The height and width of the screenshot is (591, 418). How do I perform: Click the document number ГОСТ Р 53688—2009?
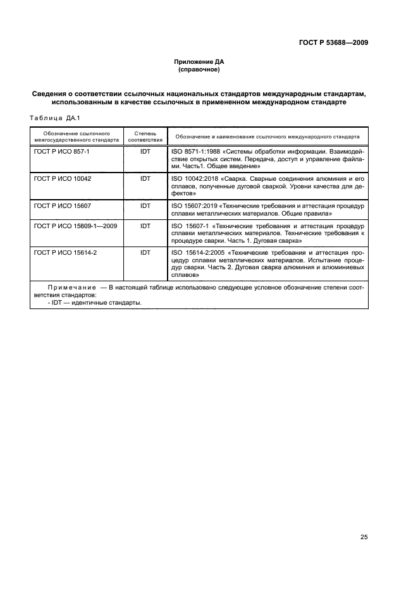(333, 43)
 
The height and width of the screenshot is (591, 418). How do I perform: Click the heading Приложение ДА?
(199, 62)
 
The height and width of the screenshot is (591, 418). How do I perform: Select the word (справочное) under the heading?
(199, 70)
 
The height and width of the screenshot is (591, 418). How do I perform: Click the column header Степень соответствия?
(145, 137)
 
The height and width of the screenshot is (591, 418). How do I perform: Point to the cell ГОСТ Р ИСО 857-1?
(63, 152)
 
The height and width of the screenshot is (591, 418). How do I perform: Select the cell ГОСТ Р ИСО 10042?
(63, 179)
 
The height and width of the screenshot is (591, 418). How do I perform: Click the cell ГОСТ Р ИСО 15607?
(63, 205)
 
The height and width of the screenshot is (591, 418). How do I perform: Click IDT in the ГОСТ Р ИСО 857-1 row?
(145, 152)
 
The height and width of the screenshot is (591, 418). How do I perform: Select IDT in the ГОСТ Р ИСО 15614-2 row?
(145, 252)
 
